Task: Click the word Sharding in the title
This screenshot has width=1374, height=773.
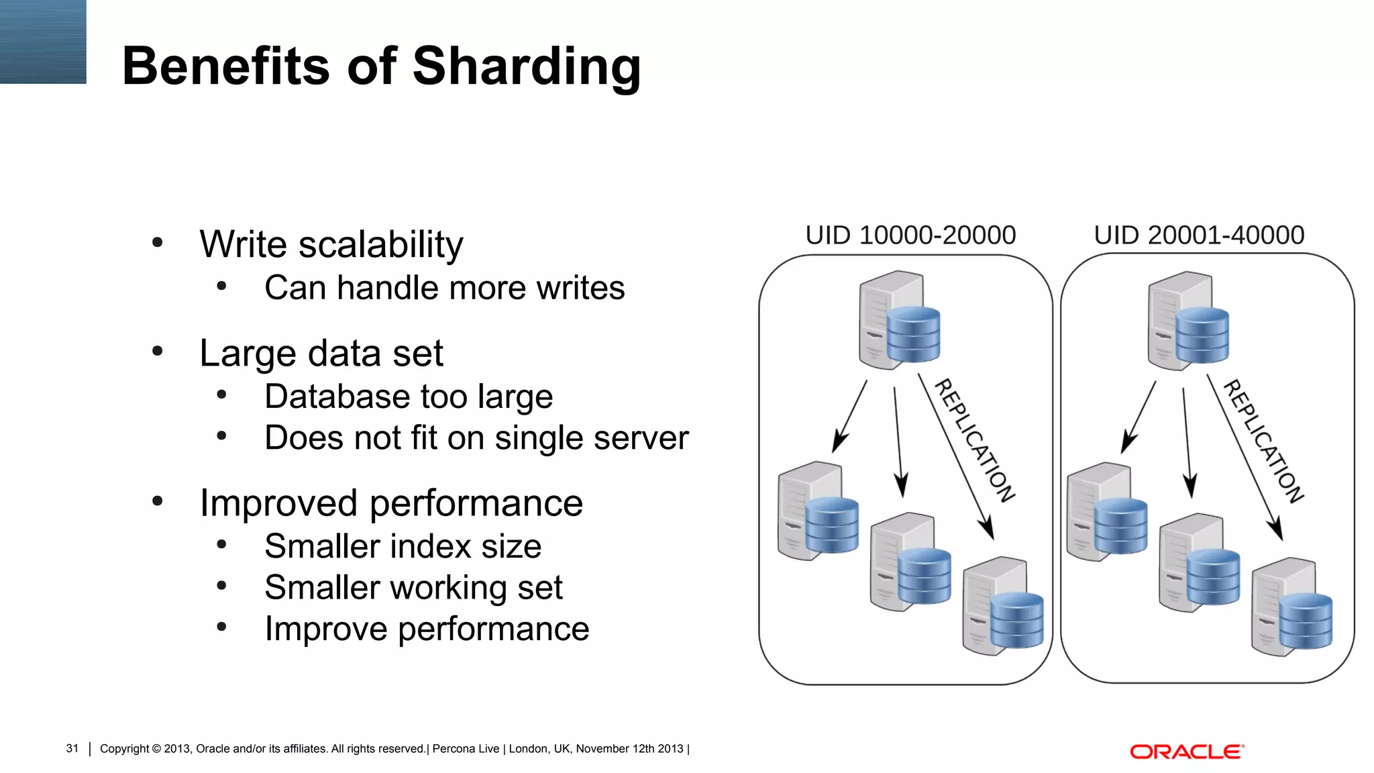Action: point(527,67)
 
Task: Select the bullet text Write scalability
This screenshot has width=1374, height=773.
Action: point(331,244)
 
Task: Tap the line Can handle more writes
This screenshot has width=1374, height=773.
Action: point(444,288)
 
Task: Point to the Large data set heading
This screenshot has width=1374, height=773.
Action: point(321,353)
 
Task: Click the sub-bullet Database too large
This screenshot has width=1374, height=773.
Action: point(409,397)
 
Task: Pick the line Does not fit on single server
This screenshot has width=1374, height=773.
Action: point(476,438)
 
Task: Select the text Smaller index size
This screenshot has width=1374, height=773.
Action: point(403,546)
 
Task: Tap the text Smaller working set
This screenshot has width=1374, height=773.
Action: point(413,588)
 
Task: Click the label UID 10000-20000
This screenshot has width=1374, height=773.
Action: point(910,236)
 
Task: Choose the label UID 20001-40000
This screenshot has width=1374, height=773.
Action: point(1199,236)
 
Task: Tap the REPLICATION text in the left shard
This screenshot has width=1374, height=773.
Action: point(974,440)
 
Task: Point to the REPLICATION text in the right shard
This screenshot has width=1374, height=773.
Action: point(1263,441)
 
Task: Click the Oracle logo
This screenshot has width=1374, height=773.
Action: point(1187,752)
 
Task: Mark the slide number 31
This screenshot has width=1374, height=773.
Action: point(72,749)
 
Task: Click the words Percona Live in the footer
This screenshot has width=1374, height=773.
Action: point(466,749)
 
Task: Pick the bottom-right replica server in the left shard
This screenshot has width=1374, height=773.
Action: point(1003,606)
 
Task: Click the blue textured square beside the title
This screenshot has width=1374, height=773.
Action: point(43,42)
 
